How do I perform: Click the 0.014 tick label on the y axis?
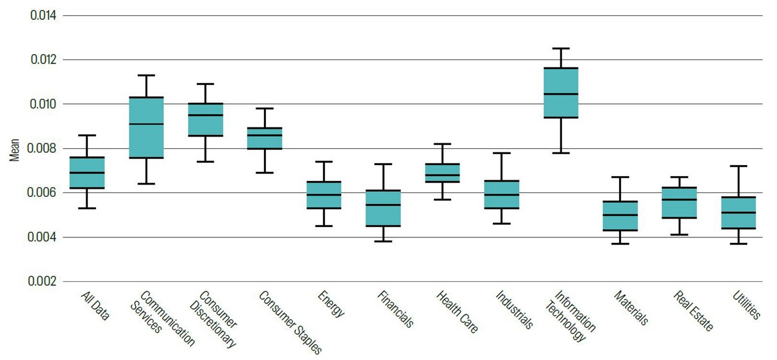43,15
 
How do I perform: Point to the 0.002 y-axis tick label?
43,282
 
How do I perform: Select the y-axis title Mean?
15,149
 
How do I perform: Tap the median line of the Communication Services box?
146,124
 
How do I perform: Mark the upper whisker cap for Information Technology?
561,48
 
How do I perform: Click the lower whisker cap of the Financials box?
384,241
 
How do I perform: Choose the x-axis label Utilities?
746,304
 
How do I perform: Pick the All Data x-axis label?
95,305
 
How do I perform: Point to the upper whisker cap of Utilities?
738,166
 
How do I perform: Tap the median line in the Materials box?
620,215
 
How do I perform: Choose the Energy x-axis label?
331,304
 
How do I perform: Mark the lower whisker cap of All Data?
87,208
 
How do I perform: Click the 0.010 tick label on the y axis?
43,104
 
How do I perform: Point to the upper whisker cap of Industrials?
502,153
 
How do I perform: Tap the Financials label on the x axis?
395,309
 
